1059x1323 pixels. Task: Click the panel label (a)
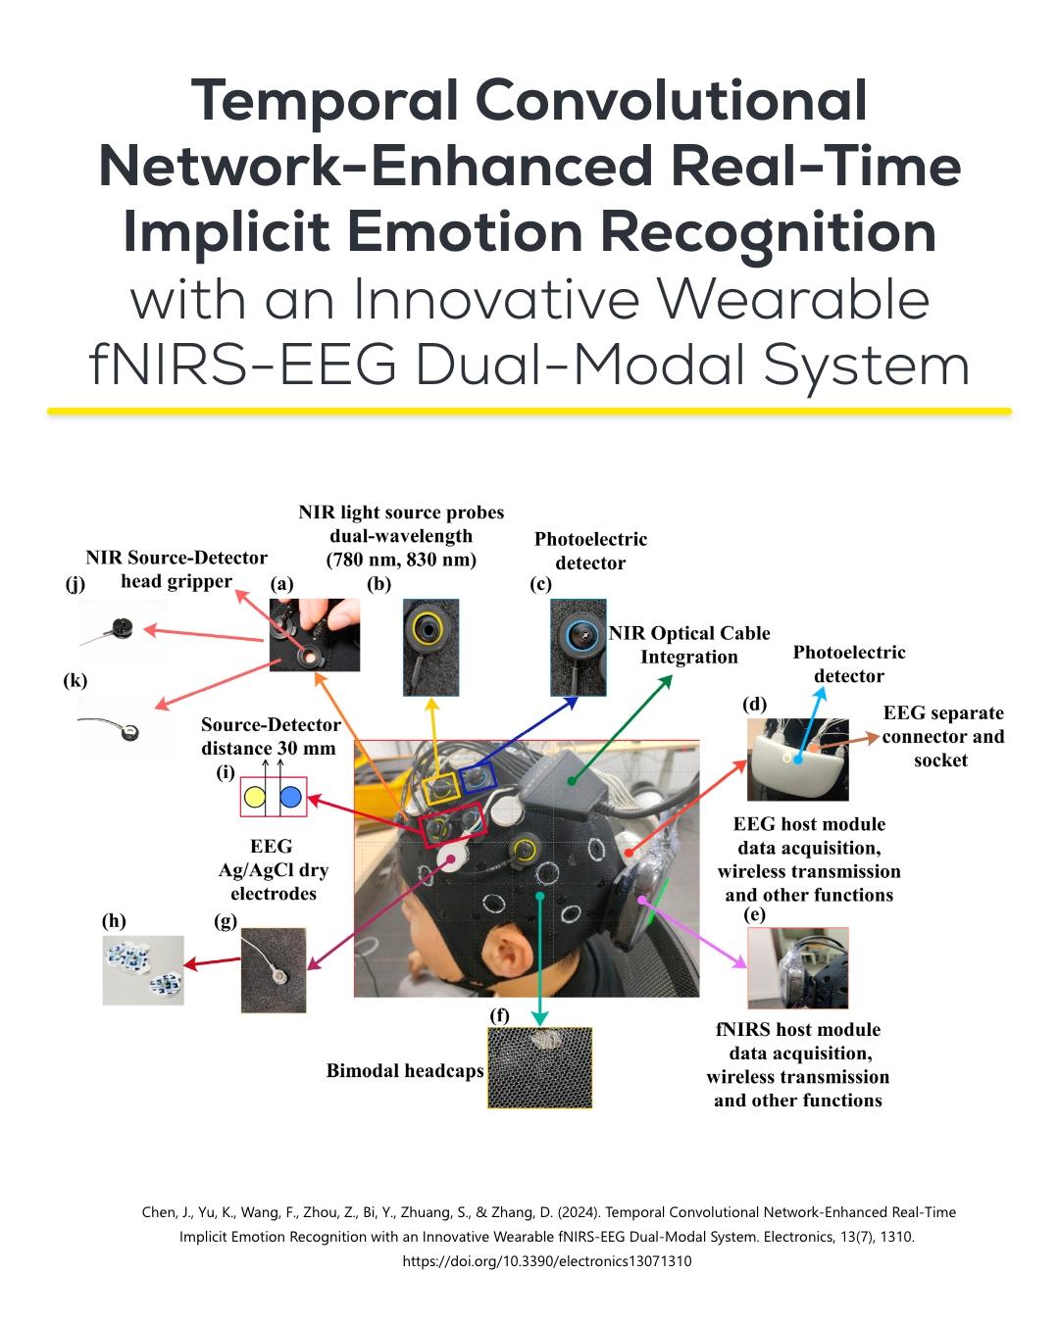282,585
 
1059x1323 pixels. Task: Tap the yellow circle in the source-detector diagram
254,797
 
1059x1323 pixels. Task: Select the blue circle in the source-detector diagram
290,797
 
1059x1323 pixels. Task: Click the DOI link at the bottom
547,1261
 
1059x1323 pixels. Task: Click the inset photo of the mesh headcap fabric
540,1068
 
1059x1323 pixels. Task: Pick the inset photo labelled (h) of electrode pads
143,970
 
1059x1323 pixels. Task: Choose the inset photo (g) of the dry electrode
274,970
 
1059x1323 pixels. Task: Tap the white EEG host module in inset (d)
798,759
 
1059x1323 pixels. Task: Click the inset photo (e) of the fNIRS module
797,968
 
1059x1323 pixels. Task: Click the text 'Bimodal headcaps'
405,1071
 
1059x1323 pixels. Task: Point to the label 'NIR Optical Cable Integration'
689,645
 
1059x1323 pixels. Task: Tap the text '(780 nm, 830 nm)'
401,561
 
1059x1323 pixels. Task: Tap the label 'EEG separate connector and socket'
942,736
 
